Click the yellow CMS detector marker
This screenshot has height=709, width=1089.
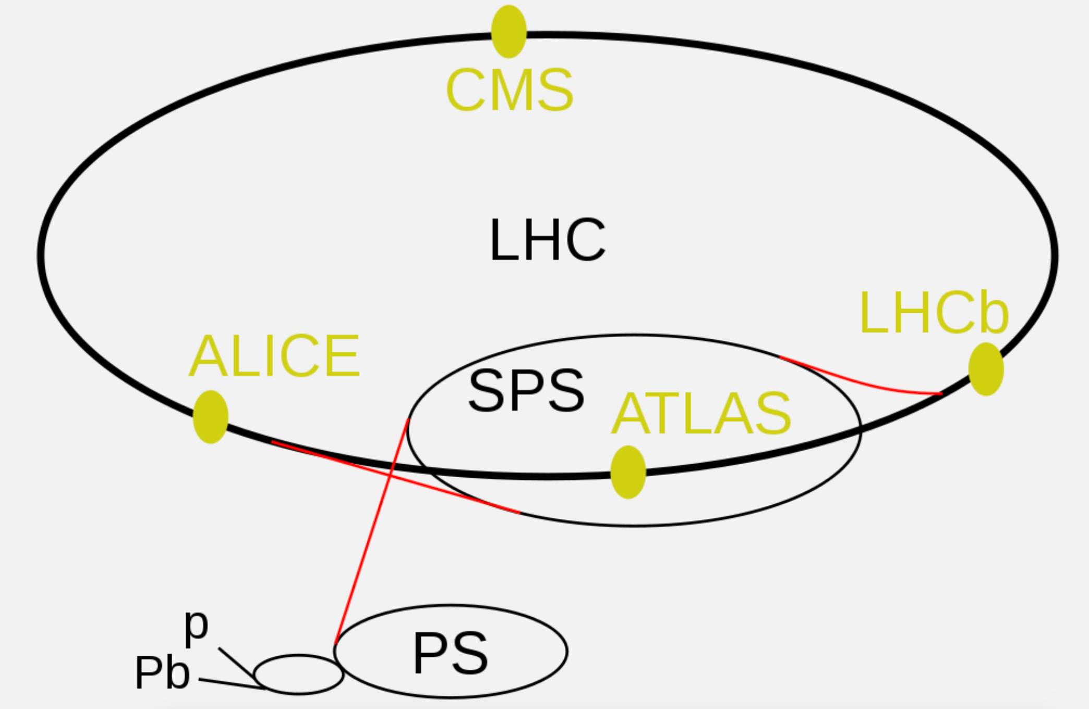coord(509,31)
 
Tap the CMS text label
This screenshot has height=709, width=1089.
coord(510,91)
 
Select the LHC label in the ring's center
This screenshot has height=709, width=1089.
coord(547,240)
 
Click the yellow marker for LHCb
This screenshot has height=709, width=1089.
coord(986,369)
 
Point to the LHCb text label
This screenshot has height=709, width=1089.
coord(934,313)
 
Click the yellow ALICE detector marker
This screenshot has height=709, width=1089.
coord(210,417)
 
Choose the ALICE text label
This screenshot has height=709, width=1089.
coord(274,356)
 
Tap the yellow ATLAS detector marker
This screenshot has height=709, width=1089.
coord(628,472)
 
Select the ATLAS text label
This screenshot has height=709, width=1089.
coord(701,413)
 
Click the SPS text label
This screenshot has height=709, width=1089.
coord(526,391)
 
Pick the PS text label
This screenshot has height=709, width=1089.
coord(451,654)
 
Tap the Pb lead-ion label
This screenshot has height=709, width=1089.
coord(162,673)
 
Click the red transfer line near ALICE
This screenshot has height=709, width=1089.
coord(396,477)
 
